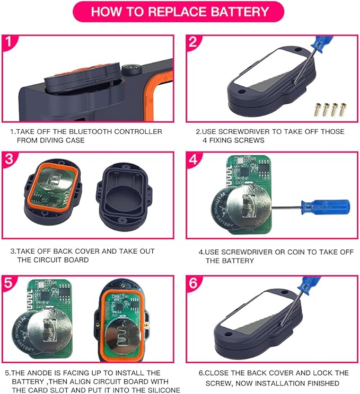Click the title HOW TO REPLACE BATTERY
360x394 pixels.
coord(180,11)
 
